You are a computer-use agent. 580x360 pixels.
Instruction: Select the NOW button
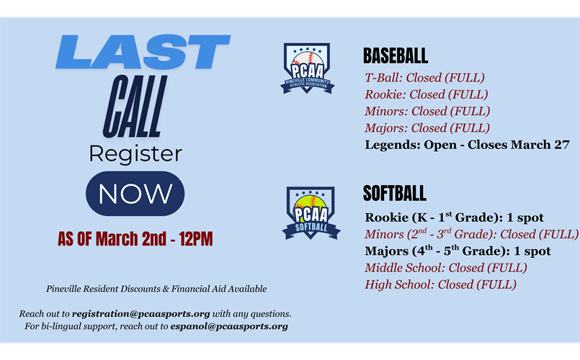point(135,194)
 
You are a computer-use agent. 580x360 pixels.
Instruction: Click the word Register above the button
point(135,153)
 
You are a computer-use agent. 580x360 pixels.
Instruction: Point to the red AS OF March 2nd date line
point(135,239)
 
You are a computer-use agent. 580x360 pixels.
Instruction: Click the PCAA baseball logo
point(308,69)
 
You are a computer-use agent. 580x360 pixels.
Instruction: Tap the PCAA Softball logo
point(311,213)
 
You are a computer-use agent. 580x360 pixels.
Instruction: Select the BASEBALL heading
point(396,56)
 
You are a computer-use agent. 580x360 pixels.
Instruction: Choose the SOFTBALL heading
point(395,193)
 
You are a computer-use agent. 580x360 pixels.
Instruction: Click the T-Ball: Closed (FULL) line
point(425,78)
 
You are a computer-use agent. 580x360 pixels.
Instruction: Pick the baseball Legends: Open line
point(468,145)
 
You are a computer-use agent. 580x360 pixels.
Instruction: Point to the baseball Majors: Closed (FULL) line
point(427,128)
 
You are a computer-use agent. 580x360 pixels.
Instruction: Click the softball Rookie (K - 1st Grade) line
point(454,217)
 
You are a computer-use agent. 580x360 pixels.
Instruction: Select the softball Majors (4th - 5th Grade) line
point(458,251)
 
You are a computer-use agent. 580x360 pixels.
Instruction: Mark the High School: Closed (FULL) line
point(441,284)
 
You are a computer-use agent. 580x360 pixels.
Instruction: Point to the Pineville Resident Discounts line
point(156,289)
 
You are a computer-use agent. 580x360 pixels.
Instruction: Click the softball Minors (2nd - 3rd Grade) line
point(471,234)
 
